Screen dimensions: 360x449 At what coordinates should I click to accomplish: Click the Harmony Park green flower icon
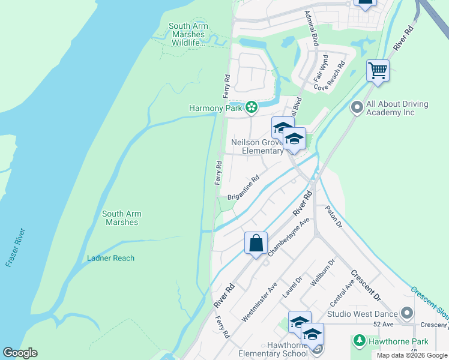[252, 108]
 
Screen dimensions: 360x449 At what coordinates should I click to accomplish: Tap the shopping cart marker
[378, 71]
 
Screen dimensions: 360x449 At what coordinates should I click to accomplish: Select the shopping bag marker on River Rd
[256, 244]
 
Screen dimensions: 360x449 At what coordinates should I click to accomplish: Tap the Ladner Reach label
[110, 258]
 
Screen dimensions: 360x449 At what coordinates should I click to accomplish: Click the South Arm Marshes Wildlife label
[188, 34]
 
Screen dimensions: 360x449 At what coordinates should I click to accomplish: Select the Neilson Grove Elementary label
[257, 146]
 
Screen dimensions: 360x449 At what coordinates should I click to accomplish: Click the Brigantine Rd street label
[244, 188]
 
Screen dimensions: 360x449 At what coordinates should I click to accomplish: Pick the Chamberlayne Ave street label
[289, 238]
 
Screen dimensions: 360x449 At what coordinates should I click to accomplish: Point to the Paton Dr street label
[333, 217]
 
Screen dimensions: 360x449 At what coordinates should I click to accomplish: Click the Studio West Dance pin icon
[408, 314]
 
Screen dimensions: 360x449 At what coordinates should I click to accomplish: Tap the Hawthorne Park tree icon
[360, 341]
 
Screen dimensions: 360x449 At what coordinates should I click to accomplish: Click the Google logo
[20, 353]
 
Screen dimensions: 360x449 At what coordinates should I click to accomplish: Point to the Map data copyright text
[412, 356]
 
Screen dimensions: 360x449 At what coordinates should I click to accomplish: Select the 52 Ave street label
[383, 324]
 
